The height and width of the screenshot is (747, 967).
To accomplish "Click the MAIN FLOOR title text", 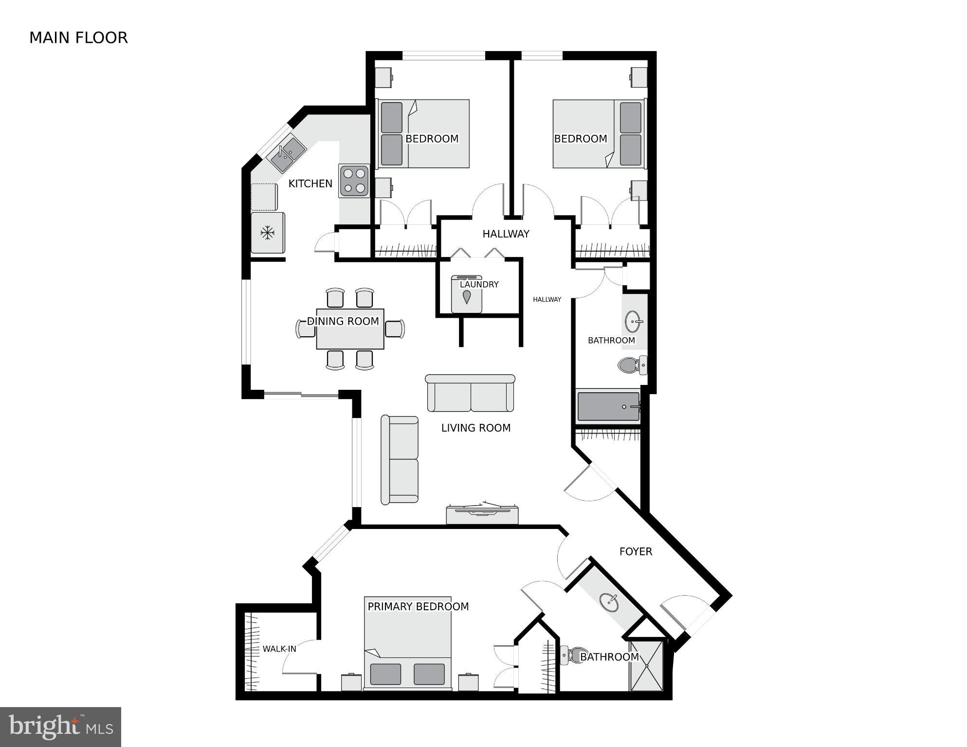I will (x=78, y=38).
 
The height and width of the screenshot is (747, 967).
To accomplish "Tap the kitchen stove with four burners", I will (x=354, y=181).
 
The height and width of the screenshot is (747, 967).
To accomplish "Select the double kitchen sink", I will (x=288, y=154).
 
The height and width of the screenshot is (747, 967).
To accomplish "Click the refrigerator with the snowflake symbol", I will (x=267, y=233).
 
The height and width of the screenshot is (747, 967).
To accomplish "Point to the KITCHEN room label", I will (x=310, y=183).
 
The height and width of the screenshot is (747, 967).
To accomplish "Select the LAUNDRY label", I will (x=479, y=285).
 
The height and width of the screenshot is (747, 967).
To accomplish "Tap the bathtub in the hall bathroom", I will (x=608, y=406).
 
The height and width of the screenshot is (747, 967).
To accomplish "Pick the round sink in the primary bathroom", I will (x=609, y=602).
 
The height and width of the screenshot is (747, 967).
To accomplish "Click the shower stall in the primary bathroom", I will (x=646, y=665).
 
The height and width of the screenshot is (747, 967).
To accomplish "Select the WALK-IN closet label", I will (x=279, y=649).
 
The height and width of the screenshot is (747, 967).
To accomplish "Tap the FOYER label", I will (x=636, y=551).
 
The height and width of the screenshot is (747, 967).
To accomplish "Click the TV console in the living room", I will (x=482, y=515).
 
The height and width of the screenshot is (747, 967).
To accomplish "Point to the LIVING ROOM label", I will (x=475, y=428).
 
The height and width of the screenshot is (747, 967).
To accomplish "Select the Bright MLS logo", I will (x=60, y=727).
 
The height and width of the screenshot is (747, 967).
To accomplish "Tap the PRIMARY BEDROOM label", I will (x=418, y=606).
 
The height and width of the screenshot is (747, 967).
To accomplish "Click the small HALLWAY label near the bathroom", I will (x=547, y=299).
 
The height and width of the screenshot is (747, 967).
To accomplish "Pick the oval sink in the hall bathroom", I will (x=633, y=322).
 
